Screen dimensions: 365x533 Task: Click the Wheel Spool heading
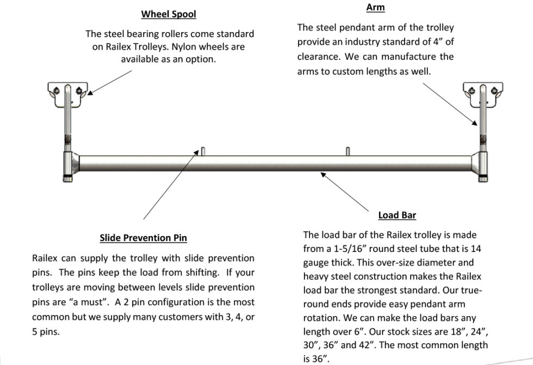click(169, 14)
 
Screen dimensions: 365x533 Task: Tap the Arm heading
click(375, 8)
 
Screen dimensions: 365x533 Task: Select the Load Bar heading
click(397, 215)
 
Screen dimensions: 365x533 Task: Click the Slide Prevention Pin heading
click(144, 238)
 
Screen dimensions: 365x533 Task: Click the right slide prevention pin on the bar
click(348, 151)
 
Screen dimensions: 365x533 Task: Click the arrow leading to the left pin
click(171, 185)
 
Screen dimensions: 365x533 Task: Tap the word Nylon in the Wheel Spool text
click(191, 47)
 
